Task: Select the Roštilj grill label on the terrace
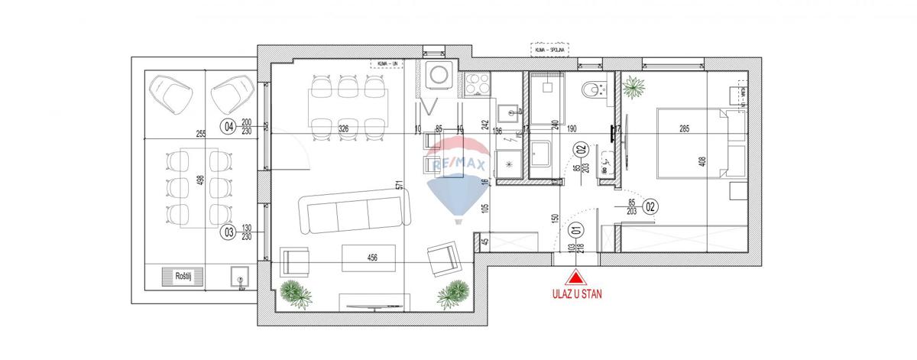[x=182, y=276]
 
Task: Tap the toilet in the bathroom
[x=591, y=91]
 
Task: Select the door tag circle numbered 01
[x=576, y=227]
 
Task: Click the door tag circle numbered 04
[x=227, y=127]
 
